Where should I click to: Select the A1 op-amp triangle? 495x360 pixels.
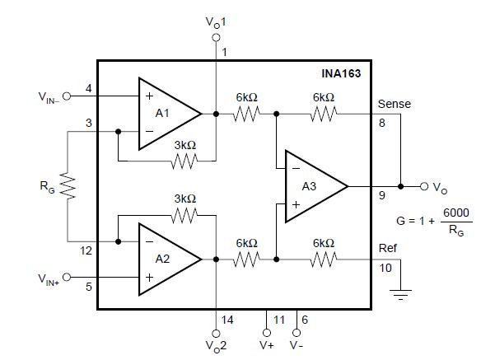[165, 113]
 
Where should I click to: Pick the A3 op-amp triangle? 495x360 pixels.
[312, 186]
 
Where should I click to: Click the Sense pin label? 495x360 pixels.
[394, 104]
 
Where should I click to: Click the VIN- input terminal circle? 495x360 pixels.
[68, 96]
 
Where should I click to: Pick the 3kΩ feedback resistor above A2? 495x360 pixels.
[184, 217]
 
